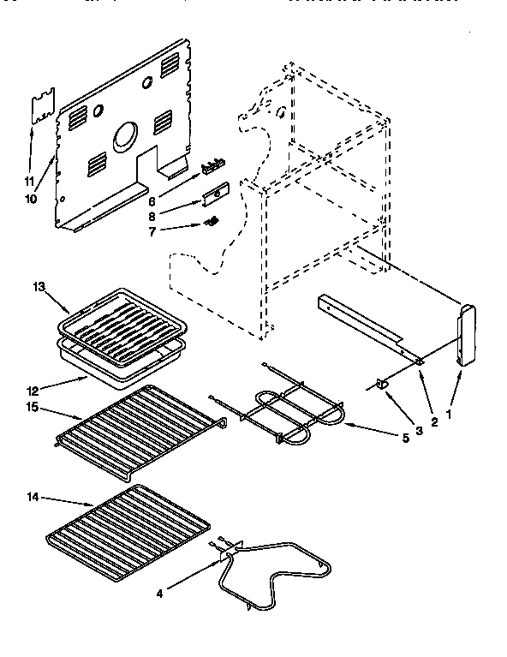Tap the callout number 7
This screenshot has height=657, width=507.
click(x=152, y=231)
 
